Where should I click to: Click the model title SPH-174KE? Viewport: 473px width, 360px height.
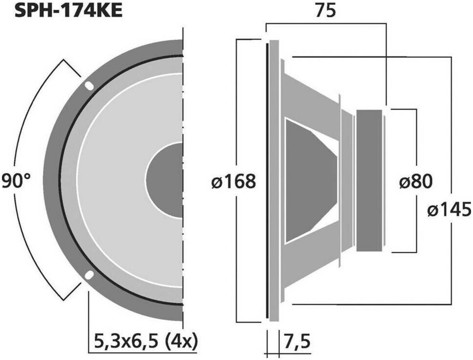(x=68, y=11)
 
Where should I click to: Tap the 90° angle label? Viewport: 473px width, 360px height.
(x=16, y=181)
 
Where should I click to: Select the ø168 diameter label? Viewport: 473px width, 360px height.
(x=234, y=181)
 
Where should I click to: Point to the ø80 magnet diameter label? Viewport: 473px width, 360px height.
(x=416, y=181)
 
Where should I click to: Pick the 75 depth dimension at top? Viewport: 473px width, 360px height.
(x=325, y=11)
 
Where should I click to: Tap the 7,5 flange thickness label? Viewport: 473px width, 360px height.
(x=297, y=342)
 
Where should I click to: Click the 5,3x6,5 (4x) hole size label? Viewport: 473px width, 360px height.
(x=146, y=341)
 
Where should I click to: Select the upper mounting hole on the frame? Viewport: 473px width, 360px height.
(x=89, y=86)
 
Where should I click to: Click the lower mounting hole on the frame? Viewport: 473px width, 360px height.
(x=89, y=275)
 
